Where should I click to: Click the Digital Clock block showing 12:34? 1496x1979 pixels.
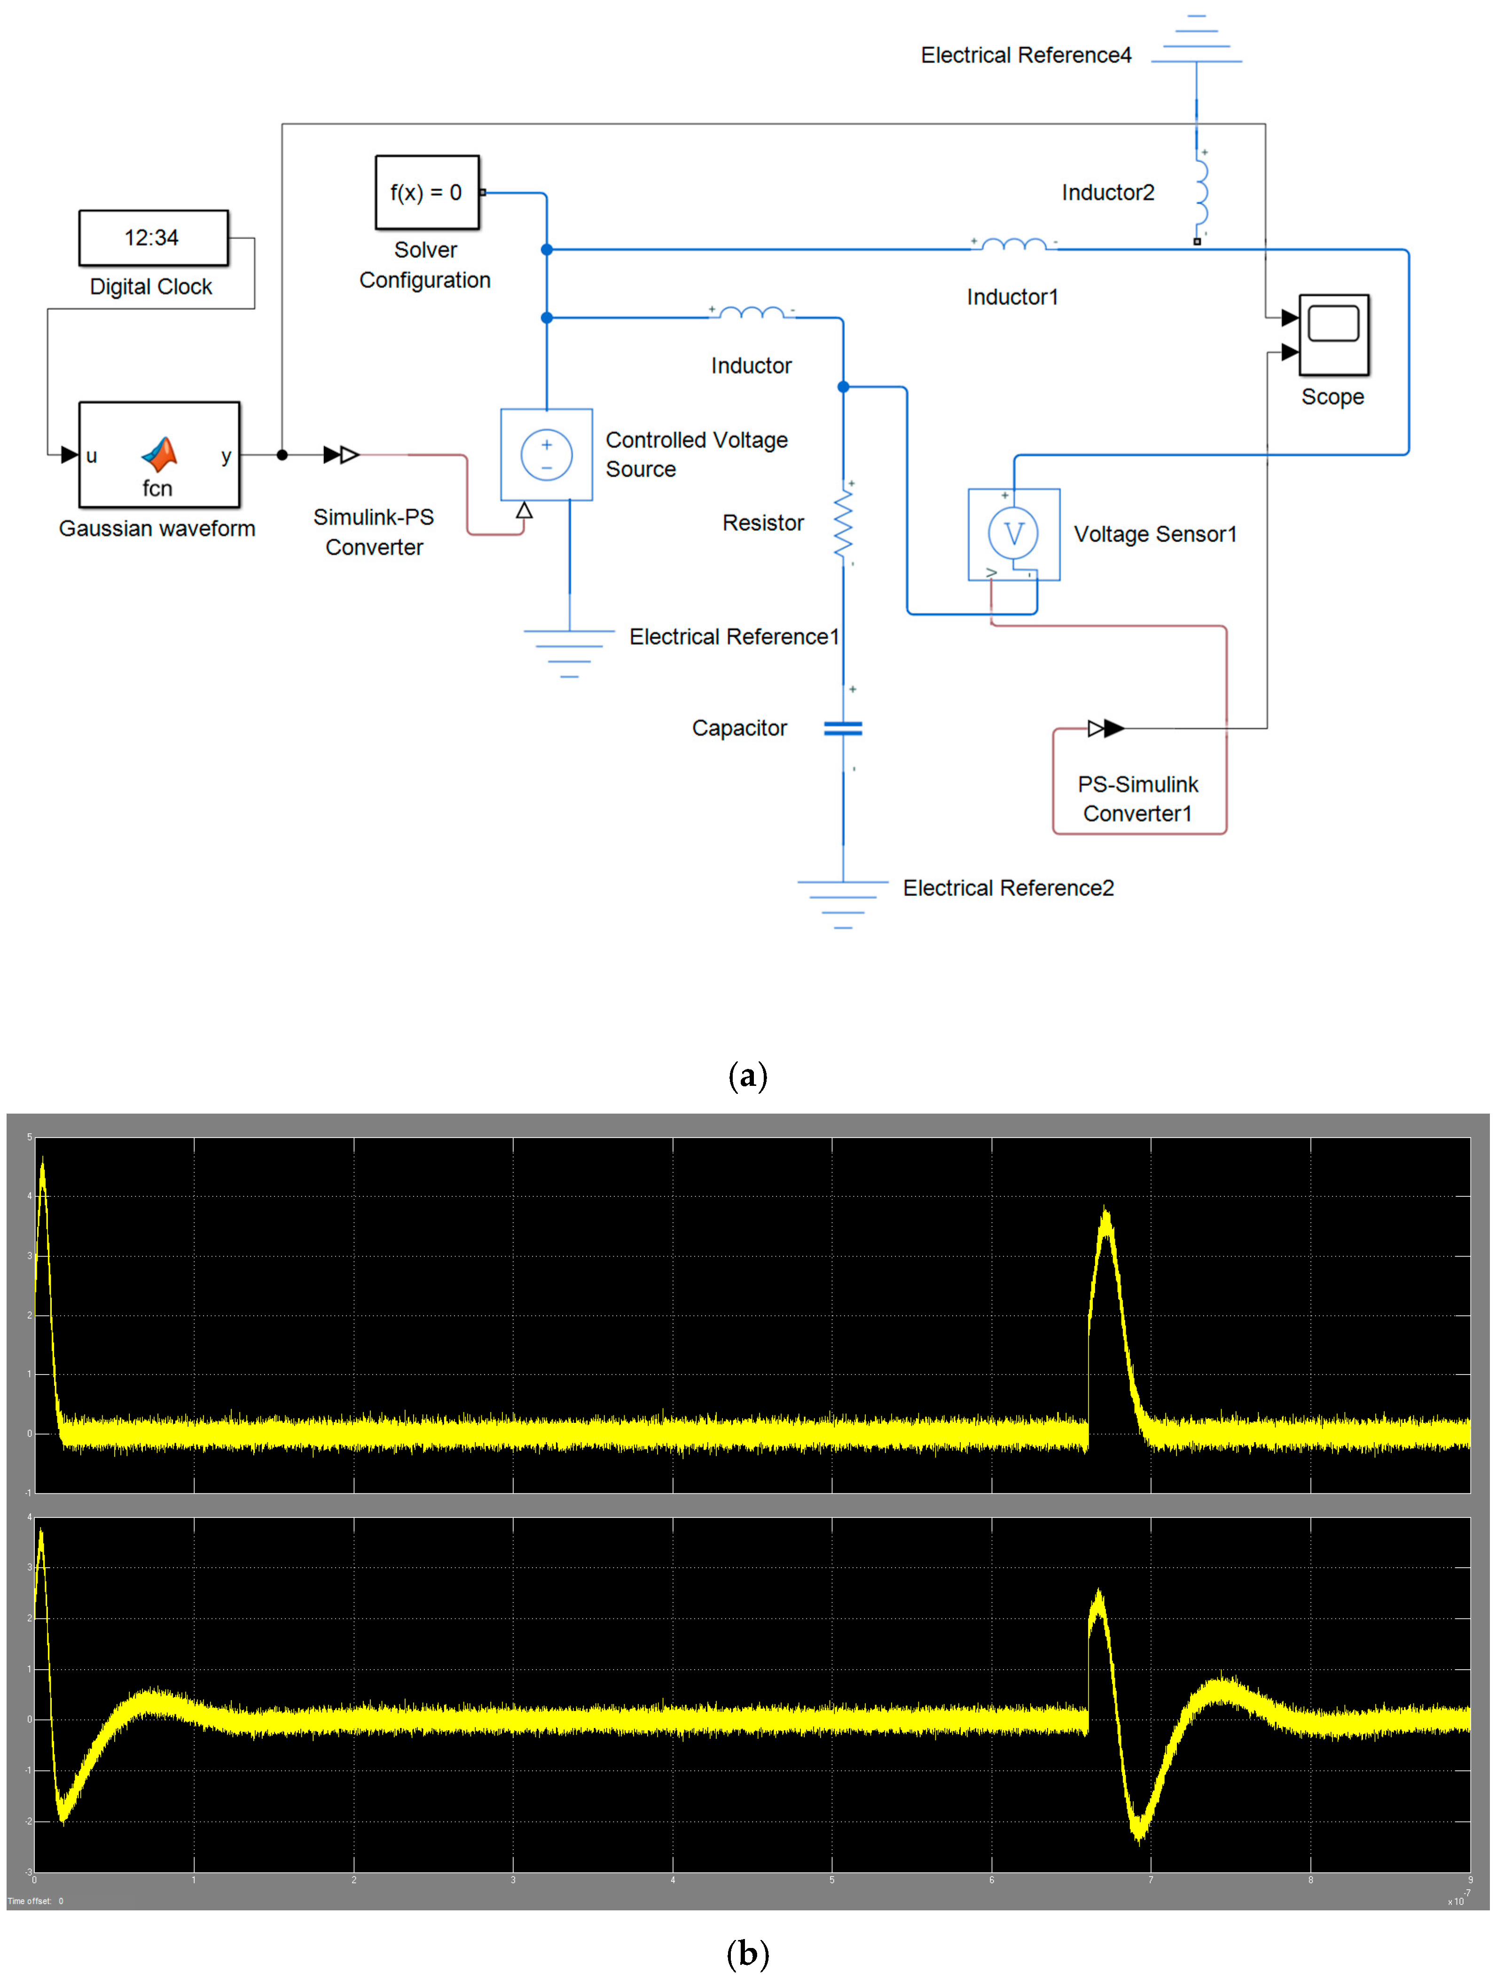click(153, 238)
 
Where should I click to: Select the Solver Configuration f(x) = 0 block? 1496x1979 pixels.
click(427, 192)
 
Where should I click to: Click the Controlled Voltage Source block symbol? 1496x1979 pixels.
click(546, 455)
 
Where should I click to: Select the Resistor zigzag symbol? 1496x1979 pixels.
click(843, 524)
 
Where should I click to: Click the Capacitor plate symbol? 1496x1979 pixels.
click(843, 728)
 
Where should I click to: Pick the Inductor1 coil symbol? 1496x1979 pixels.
click(1014, 244)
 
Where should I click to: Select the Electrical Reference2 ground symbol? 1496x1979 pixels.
click(843, 903)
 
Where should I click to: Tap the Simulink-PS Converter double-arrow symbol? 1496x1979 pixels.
click(341, 455)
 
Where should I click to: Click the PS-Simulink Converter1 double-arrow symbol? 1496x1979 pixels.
click(1106, 728)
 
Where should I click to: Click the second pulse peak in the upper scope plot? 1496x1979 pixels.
click(1106, 1212)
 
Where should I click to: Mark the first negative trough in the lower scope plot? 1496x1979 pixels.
click(62, 1819)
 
